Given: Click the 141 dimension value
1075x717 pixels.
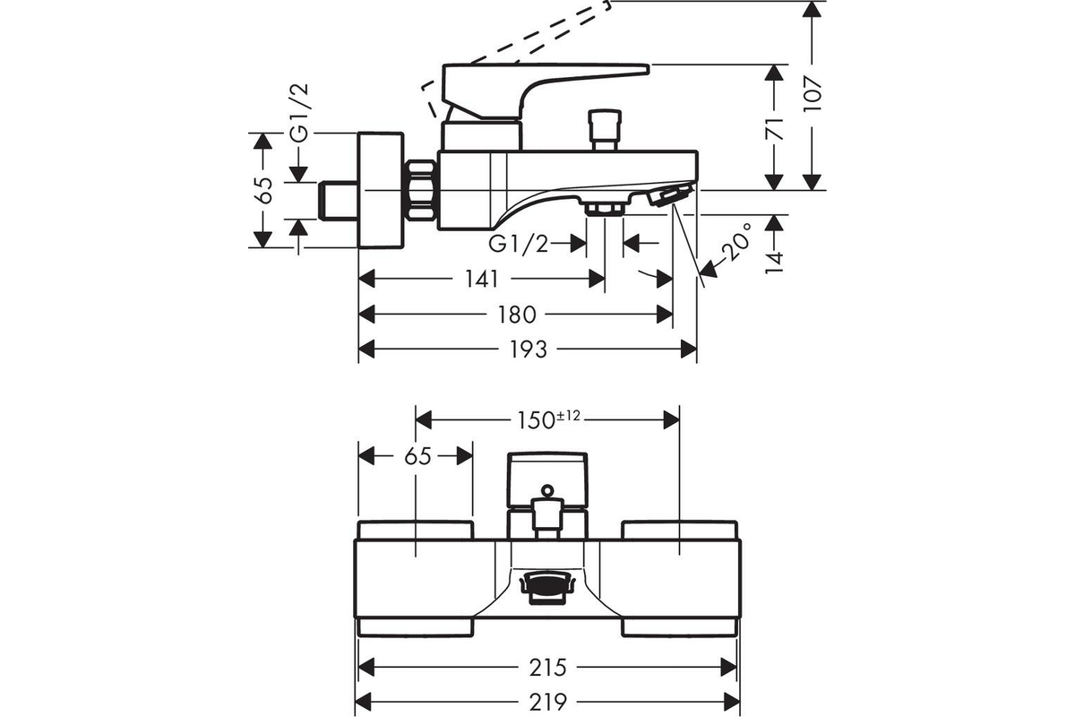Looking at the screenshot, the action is [482, 279].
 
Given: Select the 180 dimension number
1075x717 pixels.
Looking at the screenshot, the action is [516, 315].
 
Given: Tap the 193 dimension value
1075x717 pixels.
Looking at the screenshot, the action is [528, 350].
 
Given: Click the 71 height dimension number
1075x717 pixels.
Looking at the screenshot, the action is [774, 129].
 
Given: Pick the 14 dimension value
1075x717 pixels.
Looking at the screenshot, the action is [774, 263].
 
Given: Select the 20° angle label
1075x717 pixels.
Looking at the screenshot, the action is [736, 243].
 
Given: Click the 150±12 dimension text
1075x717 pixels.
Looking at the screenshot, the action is [548, 419].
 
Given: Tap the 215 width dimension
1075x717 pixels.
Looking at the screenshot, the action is [548, 667].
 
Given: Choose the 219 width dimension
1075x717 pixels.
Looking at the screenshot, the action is [548, 703].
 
